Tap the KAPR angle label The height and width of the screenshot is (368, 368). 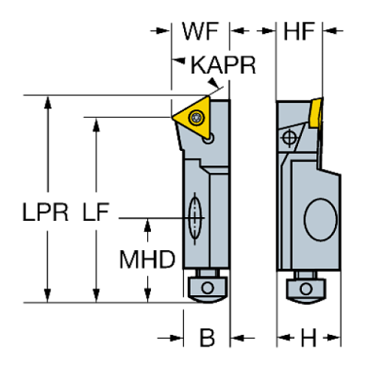223,66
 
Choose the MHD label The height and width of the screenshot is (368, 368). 147,259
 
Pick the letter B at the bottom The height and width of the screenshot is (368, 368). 207,338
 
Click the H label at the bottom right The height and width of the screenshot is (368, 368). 307,338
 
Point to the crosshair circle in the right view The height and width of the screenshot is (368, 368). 290,137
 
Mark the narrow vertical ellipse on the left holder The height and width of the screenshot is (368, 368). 195,218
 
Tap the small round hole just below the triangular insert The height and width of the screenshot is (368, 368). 213,136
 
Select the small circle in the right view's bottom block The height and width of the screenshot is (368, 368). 306,289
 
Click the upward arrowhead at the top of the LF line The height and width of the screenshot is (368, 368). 95,124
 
